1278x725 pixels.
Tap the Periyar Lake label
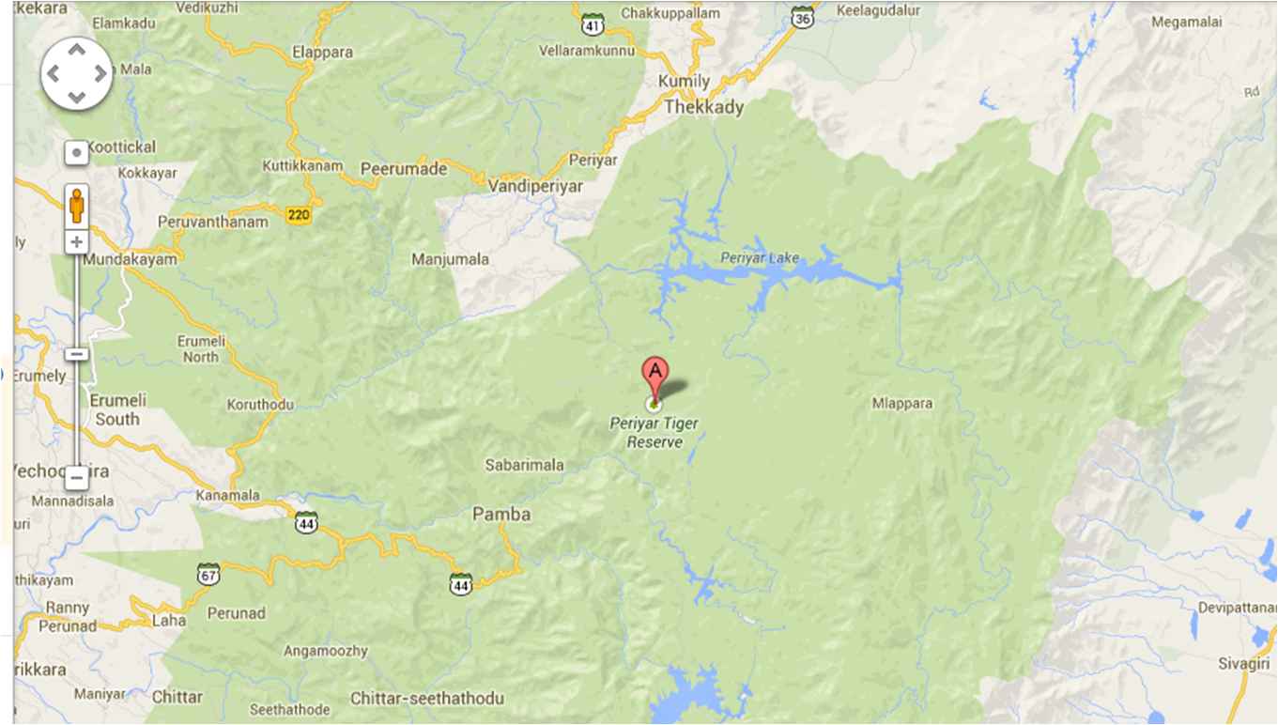(x=760, y=257)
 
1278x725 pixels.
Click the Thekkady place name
(x=703, y=107)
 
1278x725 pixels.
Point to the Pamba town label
(x=501, y=515)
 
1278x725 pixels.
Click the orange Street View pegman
(x=76, y=205)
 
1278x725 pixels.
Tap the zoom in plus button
(x=76, y=242)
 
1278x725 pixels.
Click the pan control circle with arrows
(x=76, y=73)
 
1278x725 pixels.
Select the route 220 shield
(x=300, y=215)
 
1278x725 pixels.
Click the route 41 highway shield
(x=592, y=21)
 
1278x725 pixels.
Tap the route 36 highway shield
(x=802, y=18)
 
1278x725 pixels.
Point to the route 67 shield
(x=208, y=573)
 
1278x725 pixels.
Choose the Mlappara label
(x=901, y=404)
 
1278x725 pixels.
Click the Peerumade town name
(x=404, y=168)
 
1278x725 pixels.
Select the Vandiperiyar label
(x=535, y=186)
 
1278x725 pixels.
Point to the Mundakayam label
(x=130, y=259)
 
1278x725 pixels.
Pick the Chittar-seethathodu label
(x=427, y=699)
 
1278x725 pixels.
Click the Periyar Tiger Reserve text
(x=654, y=433)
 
